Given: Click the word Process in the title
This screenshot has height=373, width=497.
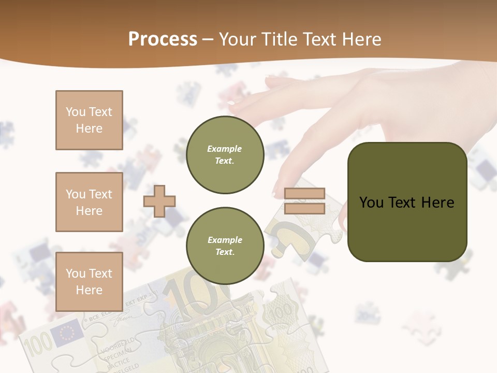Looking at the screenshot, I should click(x=163, y=39).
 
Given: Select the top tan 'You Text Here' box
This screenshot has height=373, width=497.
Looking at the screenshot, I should click(x=89, y=120).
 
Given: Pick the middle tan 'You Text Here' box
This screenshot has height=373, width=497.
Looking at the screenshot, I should click(x=89, y=202).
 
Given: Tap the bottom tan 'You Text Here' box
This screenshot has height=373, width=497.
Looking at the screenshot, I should click(x=89, y=281).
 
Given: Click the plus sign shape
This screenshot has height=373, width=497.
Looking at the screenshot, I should click(x=159, y=201).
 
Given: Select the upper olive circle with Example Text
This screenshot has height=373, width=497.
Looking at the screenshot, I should click(x=225, y=154).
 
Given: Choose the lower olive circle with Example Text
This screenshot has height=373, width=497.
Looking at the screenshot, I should click(x=225, y=246).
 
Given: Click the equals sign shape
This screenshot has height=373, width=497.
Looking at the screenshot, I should click(x=304, y=201).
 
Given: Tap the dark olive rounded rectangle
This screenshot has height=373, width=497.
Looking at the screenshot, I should click(x=407, y=202).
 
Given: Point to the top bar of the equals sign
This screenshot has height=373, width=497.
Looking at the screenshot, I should click(x=304, y=194).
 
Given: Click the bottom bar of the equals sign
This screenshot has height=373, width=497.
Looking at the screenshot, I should click(x=304, y=208).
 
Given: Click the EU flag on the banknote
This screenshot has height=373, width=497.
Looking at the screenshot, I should click(x=67, y=333).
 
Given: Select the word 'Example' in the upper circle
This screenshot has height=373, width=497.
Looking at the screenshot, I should click(x=225, y=149).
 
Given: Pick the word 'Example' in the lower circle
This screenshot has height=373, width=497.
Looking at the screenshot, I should click(x=225, y=240).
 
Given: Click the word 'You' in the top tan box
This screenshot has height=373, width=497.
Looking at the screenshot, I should click(x=75, y=112).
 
